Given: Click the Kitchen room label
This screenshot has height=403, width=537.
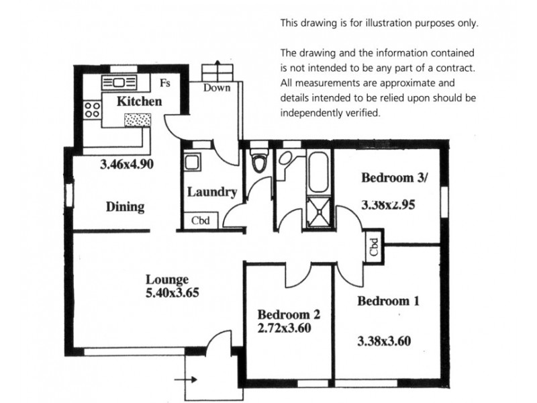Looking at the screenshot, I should tap(139, 102).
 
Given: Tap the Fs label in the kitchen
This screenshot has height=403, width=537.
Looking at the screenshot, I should tap(164, 83).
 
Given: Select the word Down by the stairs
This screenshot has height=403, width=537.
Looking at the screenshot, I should tap(217, 88).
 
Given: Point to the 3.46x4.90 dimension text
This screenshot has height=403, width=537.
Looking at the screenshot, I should tap(128, 163).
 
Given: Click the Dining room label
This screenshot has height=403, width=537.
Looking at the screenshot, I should tap(126, 207).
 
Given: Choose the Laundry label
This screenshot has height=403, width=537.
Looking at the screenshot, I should tap(211, 192).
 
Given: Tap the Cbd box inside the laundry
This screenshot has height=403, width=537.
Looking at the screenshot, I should tap(199, 220).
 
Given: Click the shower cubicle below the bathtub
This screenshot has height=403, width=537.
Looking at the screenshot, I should tap(318, 210).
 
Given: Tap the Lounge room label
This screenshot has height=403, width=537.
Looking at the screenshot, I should tap(168, 279).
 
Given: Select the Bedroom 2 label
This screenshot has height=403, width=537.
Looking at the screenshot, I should tap(289, 314).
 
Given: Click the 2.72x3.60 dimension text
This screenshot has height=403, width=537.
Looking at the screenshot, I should tap(284, 328).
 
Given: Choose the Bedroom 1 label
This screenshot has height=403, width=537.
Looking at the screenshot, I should tap(388, 301).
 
